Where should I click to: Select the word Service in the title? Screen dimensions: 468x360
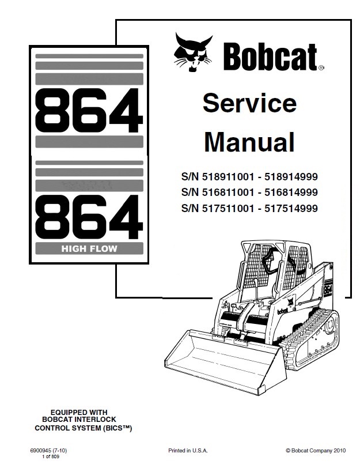coord(249,104)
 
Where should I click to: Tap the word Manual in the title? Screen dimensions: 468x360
coord(249,142)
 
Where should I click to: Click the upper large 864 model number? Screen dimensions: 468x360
coord(89,110)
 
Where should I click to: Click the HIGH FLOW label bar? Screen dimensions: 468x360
coord(89,249)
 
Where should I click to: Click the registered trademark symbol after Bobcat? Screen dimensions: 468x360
coord(320,67)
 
